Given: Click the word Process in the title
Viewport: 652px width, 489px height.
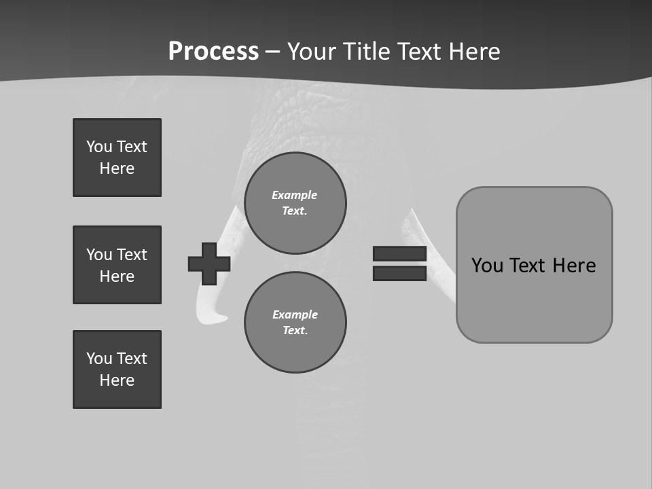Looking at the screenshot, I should coord(213,51).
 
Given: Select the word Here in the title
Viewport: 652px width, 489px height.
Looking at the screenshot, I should coord(473,52).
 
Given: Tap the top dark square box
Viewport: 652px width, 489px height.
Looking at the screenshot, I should coord(117,158).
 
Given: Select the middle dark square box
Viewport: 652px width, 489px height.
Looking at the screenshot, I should coord(117,265).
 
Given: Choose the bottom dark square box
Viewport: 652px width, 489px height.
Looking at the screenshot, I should coord(117,369).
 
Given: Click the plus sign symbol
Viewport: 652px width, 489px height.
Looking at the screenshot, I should coord(209,264).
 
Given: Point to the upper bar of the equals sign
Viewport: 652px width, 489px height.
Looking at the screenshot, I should coord(399,254).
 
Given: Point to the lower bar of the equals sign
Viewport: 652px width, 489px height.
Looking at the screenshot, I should coord(399,273).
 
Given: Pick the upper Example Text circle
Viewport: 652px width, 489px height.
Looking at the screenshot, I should coord(295,203).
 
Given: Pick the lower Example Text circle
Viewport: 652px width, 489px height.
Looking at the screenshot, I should coord(295,323).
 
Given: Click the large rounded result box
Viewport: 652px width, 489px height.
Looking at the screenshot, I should coord(534,265).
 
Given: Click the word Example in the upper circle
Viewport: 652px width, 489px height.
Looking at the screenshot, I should coord(294,195).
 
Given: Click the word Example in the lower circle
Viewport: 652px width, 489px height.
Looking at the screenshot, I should coord(295,314).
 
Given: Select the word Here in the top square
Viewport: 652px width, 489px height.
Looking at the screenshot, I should coord(117,168).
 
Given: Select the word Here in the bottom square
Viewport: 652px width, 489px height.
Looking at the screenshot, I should coord(117,380).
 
